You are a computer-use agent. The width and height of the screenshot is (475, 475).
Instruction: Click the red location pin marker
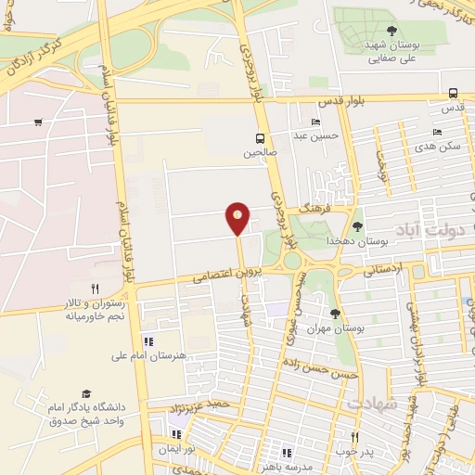(x=237, y=218)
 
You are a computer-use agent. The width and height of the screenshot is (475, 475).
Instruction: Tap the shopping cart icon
(x=38, y=122)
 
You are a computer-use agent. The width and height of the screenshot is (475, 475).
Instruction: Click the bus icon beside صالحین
(x=260, y=139)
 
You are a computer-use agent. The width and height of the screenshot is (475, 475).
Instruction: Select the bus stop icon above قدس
(x=453, y=93)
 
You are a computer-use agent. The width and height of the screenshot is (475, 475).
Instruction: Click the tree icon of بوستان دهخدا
(x=358, y=226)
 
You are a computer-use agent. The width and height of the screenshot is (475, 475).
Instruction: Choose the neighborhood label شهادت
(x=372, y=404)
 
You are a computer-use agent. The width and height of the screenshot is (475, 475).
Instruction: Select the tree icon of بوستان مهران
(x=335, y=313)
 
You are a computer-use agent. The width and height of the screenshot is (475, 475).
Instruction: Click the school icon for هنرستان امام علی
(x=148, y=342)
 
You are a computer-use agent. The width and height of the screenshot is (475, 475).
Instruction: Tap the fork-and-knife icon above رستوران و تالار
(x=95, y=289)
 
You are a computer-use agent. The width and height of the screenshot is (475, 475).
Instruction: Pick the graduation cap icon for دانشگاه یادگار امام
(x=86, y=393)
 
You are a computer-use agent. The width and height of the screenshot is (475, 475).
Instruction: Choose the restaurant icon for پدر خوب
(x=353, y=437)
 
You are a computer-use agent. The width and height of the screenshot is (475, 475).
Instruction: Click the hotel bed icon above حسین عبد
(x=316, y=122)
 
